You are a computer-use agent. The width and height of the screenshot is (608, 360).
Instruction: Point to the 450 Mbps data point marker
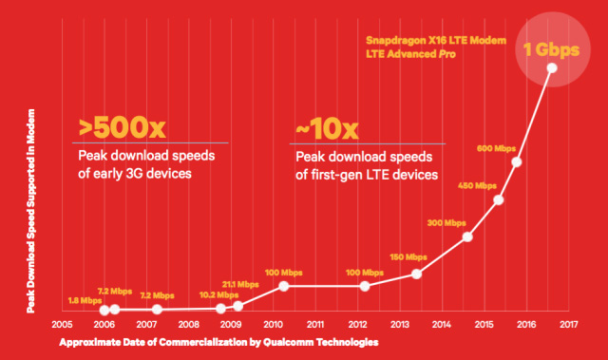tap(499, 199)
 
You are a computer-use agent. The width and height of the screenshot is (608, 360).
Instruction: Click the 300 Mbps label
tap(446, 222)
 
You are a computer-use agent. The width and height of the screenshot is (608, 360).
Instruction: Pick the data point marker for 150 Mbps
tap(416, 275)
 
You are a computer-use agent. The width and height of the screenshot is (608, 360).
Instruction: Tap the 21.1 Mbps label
tap(240, 284)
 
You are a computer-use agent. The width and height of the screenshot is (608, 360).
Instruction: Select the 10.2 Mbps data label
tap(199, 294)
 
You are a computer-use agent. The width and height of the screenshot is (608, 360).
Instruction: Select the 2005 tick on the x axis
tap(62, 323)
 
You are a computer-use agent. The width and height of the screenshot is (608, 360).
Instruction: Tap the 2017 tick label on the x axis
tap(568, 323)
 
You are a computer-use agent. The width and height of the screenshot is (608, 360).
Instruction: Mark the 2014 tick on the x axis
tap(442, 323)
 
